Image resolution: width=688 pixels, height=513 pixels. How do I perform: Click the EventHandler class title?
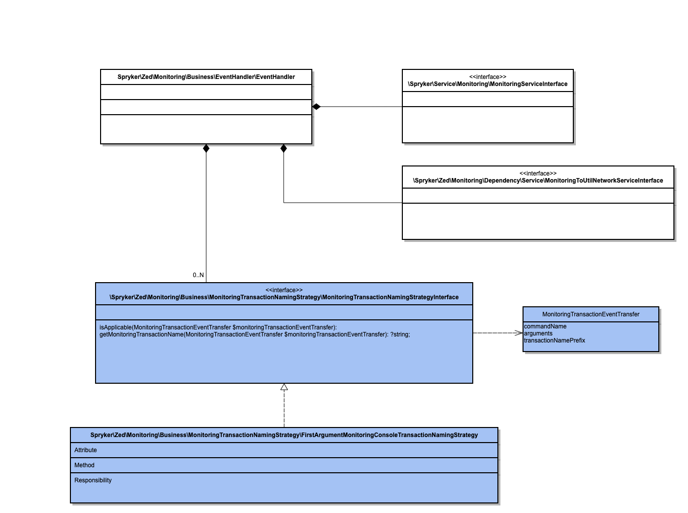(206, 77)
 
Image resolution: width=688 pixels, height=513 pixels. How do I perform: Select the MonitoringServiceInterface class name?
(487, 84)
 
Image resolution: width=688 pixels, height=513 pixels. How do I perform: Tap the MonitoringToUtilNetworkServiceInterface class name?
(538, 181)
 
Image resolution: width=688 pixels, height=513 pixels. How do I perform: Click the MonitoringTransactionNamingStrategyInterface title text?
(284, 297)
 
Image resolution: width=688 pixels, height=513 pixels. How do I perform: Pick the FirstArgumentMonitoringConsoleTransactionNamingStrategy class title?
(284, 435)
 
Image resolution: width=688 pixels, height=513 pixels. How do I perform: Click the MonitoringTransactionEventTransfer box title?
(590, 314)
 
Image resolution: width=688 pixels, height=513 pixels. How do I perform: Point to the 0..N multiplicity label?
(198, 275)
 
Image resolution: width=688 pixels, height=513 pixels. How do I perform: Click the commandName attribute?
(545, 326)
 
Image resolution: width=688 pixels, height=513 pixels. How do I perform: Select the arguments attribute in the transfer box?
(538, 333)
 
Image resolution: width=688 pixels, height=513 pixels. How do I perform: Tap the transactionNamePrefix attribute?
(554, 340)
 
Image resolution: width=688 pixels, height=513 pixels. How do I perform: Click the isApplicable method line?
(218, 327)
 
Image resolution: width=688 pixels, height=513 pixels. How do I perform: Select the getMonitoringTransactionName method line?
(254, 334)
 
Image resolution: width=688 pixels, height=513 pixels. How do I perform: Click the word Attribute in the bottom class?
(85, 450)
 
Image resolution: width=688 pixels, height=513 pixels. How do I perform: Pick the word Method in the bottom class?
(84, 465)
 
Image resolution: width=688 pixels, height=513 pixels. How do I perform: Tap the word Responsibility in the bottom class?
(93, 480)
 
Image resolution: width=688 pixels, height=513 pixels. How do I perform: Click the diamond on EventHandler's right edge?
(316, 107)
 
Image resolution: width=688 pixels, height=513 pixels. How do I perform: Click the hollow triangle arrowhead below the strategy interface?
(284, 387)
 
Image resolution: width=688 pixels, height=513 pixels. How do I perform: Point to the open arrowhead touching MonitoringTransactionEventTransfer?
(519, 333)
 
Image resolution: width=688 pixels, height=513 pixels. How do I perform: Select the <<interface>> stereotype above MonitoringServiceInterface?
(487, 77)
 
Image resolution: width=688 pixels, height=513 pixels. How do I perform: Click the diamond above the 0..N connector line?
(206, 148)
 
